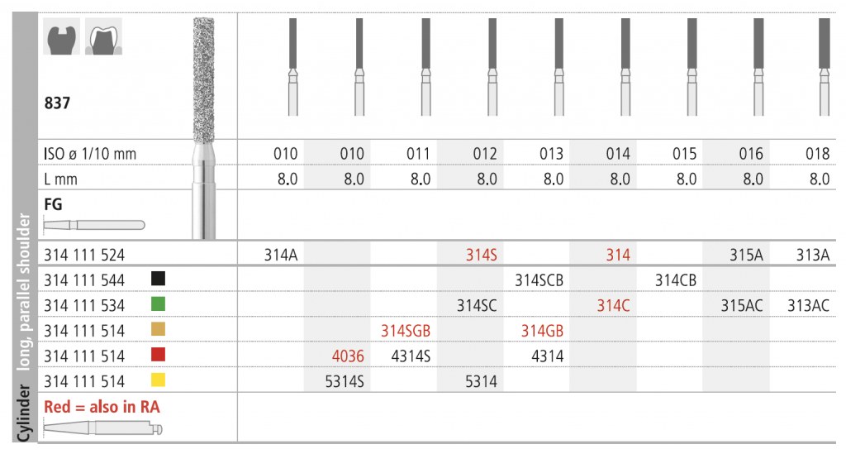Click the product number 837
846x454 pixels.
click(x=57, y=103)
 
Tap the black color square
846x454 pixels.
click(x=158, y=278)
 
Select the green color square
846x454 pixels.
click(x=158, y=303)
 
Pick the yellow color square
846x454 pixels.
click(x=158, y=380)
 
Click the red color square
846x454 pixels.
click(x=158, y=354)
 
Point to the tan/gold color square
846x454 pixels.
click(x=158, y=329)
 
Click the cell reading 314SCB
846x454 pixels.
click(x=539, y=280)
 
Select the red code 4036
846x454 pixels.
click(x=348, y=356)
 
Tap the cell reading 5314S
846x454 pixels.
click(x=345, y=382)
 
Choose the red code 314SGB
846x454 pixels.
click(x=406, y=331)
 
